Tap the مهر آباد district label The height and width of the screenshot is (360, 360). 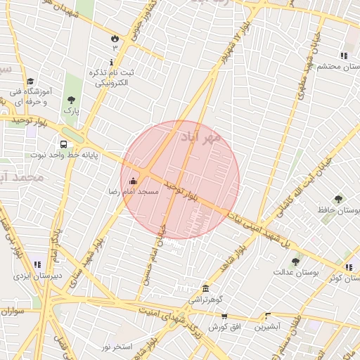click(x=200, y=136)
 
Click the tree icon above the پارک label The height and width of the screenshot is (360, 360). click(x=70, y=100)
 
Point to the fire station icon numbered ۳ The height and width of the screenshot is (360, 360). click(x=115, y=37)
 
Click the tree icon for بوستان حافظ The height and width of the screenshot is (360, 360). click(x=339, y=200)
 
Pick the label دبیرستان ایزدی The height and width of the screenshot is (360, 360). click(x=36, y=276)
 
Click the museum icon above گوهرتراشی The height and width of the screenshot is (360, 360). click(x=205, y=288)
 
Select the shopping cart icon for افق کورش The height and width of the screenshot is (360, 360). click(x=224, y=316)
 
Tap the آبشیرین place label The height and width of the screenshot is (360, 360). click(x=267, y=326)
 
